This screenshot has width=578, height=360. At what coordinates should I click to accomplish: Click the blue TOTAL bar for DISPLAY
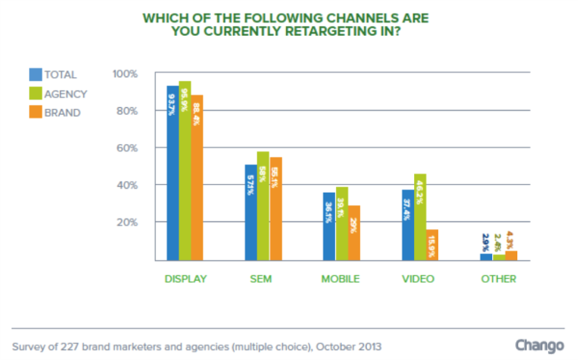click(x=172, y=173)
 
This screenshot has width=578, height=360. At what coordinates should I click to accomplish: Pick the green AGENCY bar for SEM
click(x=263, y=206)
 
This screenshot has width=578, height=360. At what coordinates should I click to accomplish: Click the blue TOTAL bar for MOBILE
click(x=328, y=226)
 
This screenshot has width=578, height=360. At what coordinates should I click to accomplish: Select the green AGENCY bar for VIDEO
click(x=419, y=217)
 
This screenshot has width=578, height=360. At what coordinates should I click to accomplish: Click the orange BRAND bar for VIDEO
click(x=432, y=244)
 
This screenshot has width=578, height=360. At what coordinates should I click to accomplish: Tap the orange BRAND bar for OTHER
click(x=511, y=255)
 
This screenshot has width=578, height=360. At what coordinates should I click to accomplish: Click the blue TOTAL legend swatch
click(x=36, y=74)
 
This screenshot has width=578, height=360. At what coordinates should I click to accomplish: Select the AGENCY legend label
click(x=66, y=93)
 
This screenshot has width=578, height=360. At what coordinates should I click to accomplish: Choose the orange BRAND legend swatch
click(x=36, y=113)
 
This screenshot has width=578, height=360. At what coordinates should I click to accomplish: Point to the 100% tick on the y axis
click(x=125, y=74)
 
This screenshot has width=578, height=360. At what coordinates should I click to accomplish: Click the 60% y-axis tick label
click(x=127, y=148)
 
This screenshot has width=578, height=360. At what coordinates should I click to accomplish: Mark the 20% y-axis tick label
click(x=127, y=222)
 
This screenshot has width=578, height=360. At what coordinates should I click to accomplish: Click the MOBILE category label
click(x=341, y=279)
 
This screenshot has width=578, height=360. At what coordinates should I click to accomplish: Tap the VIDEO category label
click(x=419, y=279)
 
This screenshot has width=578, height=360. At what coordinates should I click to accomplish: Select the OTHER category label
click(x=498, y=279)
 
